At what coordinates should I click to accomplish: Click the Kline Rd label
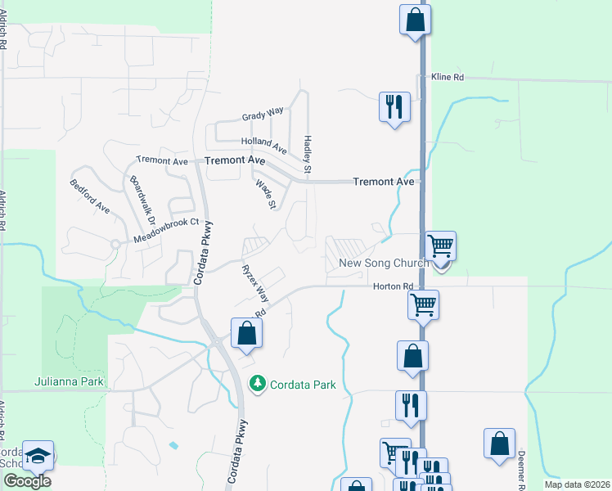[448, 77]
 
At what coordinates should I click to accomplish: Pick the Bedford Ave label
[90, 196]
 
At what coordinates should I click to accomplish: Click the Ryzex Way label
[254, 280]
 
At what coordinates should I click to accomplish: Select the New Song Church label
[384, 264]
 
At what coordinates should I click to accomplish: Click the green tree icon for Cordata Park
[259, 383]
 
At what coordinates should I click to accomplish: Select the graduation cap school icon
[38, 455]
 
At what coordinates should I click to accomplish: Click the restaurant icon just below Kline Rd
[394, 106]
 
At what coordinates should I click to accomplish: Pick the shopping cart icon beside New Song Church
[440, 245]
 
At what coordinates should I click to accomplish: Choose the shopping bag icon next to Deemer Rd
[499, 444]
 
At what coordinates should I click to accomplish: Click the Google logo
[27, 480]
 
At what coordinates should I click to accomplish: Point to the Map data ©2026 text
[576, 484]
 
